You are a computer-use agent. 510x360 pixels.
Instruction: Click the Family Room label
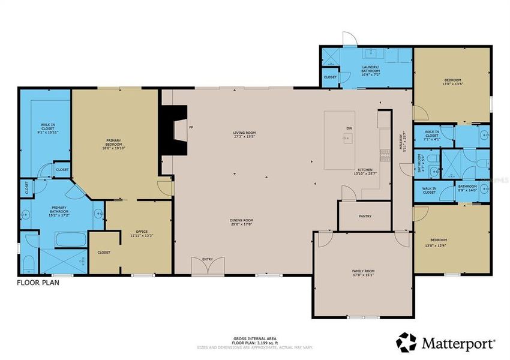tap(363, 273)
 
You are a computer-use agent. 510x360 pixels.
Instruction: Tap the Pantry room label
tap(365, 216)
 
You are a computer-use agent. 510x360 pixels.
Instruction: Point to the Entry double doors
tap(208, 267)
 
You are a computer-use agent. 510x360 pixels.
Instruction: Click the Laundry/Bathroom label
tap(371, 69)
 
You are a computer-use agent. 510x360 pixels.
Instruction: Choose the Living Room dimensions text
tap(244, 137)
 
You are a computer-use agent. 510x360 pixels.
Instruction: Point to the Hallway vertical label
tap(406, 144)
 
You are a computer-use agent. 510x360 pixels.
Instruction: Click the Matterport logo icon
tap(406, 342)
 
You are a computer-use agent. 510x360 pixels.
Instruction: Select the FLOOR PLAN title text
tap(37, 282)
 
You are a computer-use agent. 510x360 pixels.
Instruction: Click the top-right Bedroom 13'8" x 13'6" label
tap(452, 82)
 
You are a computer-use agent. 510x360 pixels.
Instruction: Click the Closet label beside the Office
tap(104, 253)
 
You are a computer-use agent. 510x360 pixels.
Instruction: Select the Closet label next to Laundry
tap(330, 77)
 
